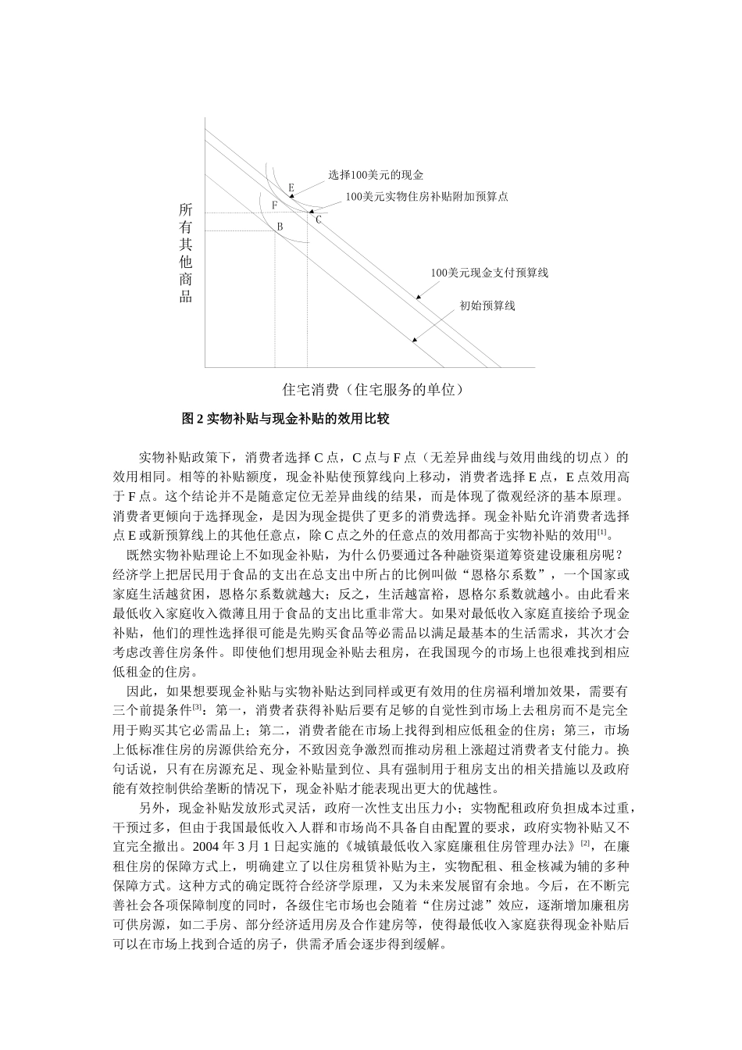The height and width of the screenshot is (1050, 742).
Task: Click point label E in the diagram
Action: [x=291, y=188]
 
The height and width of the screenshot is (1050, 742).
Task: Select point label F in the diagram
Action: [x=274, y=205]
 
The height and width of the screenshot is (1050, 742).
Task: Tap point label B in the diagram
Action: [x=279, y=227]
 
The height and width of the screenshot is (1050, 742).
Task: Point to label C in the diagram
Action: [x=318, y=220]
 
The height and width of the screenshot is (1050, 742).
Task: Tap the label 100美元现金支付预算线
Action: [x=490, y=273]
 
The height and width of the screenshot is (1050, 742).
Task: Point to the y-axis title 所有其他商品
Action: [x=186, y=253]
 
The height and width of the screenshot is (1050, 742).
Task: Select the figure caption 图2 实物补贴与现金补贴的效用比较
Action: [x=285, y=419]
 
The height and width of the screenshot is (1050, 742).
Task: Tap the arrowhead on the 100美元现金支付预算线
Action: [x=419, y=297]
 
